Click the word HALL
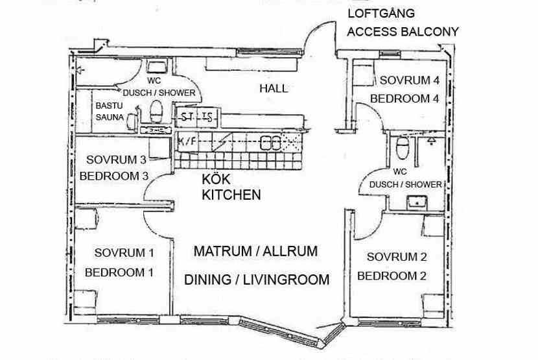(273, 88)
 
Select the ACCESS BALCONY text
(403, 31)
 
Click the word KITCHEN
(231, 194)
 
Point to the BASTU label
(108, 105)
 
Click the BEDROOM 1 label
(119, 272)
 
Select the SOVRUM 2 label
(393, 256)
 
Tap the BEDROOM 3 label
(114, 176)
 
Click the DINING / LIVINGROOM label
(257, 280)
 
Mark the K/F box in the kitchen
(185, 141)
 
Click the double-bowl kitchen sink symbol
(270, 142)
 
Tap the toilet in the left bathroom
(156, 112)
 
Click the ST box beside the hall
(187, 117)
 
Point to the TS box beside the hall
(207, 117)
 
